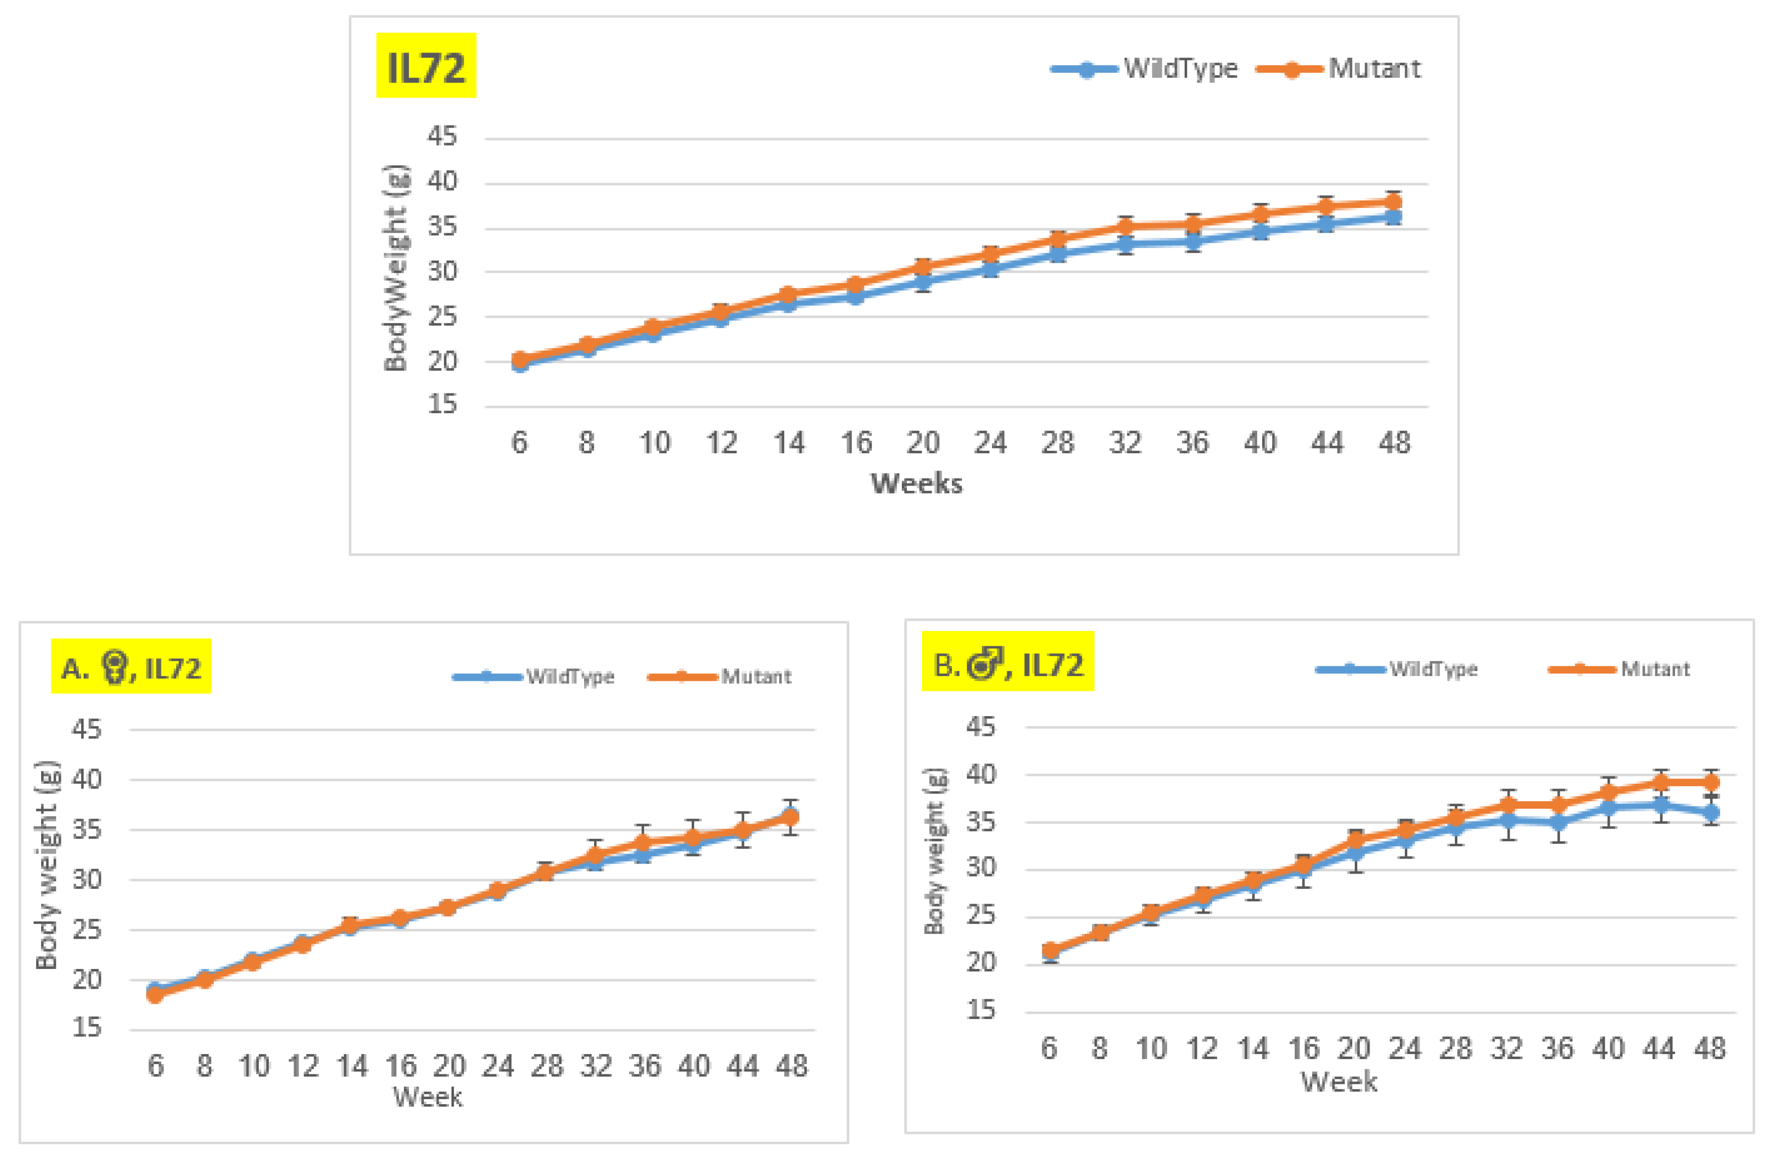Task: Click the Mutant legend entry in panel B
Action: point(1654,669)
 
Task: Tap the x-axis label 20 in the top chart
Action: point(922,442)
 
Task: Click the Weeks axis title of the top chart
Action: point(916,483)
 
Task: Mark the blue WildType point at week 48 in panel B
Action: point(1710,813)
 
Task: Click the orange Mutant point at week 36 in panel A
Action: point(643,843)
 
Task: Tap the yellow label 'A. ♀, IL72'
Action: point(131,666)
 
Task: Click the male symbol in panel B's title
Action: point(984,663)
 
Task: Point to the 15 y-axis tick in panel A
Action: point(87,1027)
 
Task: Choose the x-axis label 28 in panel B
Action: point(1455,1048)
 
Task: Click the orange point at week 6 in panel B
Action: point(1050,950)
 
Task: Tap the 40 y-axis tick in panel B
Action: point(981,774)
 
